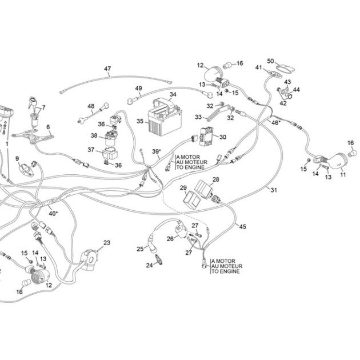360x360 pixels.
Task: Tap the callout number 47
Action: [107, 69]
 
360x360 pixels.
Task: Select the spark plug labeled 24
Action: [159, 259]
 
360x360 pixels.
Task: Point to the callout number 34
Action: [173, 94]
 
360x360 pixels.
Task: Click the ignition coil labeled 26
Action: [181, 230]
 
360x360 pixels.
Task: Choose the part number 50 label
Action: [271, 61]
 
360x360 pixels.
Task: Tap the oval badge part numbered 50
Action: [285, 69]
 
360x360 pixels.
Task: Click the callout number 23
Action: [107, 242]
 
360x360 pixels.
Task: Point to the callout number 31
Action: [274, 190]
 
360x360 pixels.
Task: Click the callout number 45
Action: [243, 226]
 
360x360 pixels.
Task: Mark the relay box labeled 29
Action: [191, 199]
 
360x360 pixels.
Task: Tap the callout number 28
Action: [216, 179]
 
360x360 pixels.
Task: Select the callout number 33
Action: [198, 117]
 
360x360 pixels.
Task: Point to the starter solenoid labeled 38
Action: [111, 138]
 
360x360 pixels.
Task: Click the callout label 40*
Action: [53, 213]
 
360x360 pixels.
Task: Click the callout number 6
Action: [48, 127]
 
